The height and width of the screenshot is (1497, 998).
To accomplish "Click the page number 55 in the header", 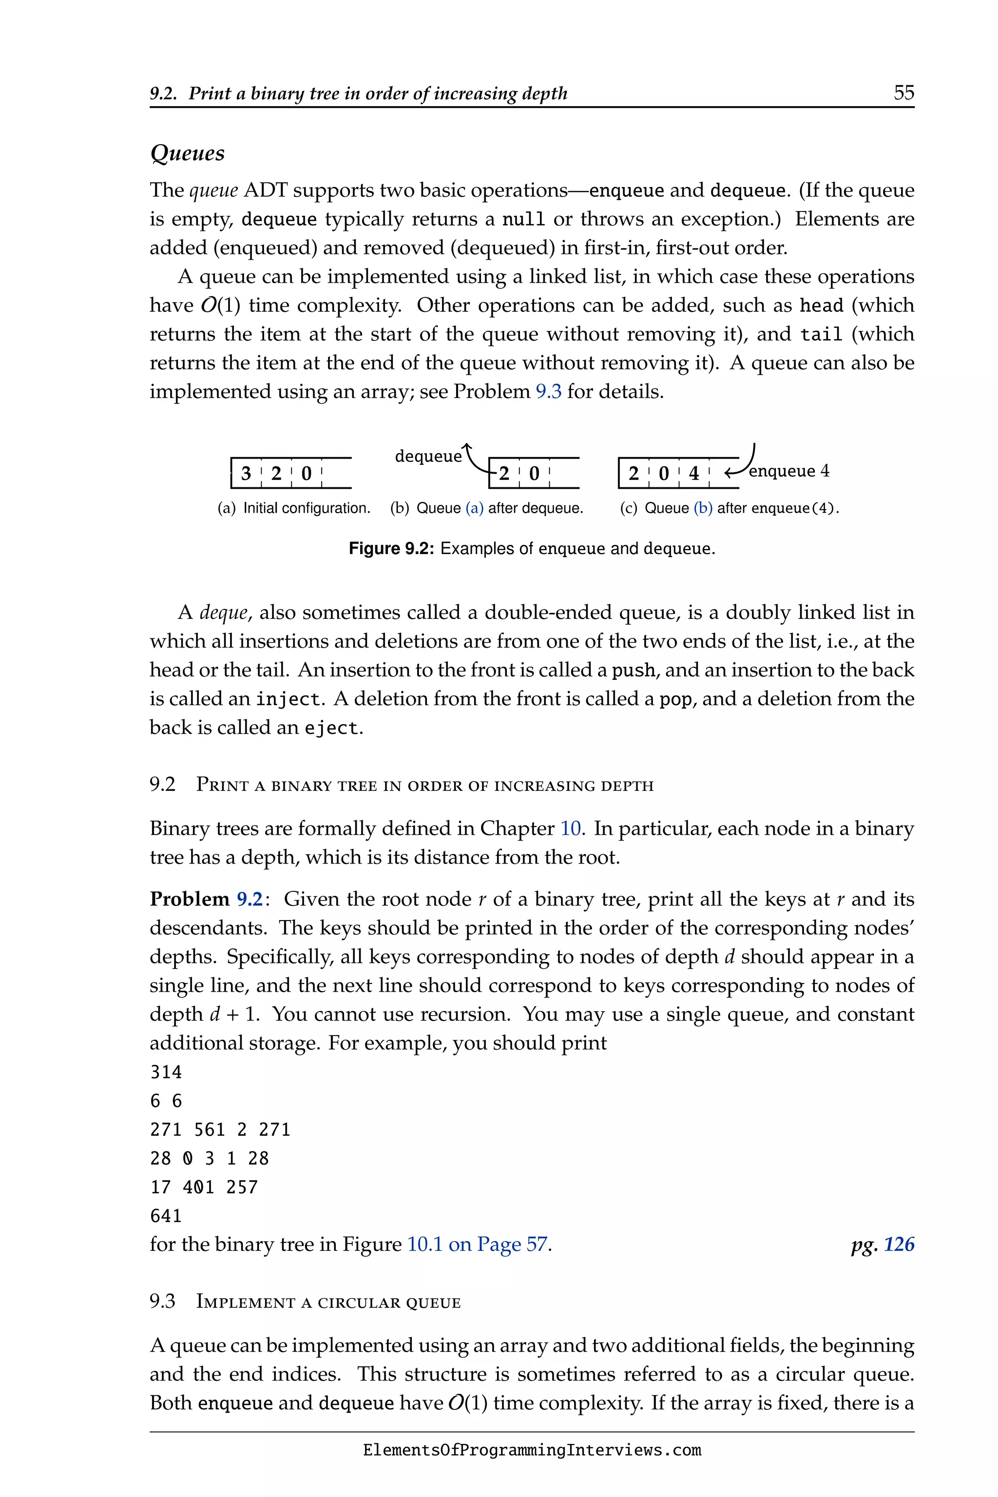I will pyautogui.click(x=903, y=93).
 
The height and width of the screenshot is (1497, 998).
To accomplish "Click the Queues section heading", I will pyautogui.click(x=187, y=154).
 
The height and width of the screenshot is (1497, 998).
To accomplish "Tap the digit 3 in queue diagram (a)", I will pyautogui.click(x=246, y=474).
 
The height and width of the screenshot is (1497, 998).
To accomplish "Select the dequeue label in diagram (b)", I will pyautogui.click(x=428, y=456).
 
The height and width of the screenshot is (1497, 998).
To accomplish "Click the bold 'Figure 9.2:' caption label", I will pyautogui.click(x=391, y=549).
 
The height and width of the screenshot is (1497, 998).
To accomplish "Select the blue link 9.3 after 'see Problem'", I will pyautogui.click(x=548, y=391).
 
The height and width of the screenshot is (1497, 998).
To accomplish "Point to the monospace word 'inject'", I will pyautogui.click(x=287, y=699).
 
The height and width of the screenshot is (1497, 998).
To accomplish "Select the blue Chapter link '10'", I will pyautogui.click(x=570, y=829).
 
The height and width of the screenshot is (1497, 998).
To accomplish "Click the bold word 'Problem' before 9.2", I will pyautogui.click(x=189, y=900).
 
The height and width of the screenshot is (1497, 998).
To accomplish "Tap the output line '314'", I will pyautogui.click(x=166, y=1073).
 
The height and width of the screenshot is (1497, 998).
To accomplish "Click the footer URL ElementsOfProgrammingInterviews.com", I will pyautogui.click(x=532, y=1451).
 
